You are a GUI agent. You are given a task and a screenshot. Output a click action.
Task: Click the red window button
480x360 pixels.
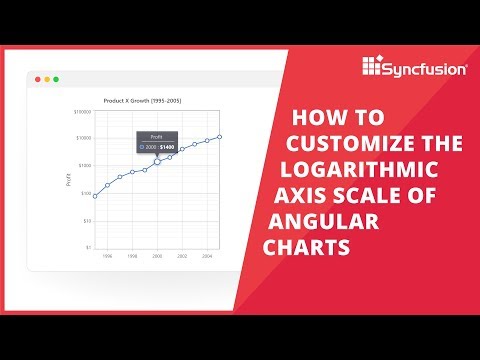coord(37,78)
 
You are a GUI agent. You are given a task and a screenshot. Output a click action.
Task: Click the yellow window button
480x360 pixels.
coord(47,78)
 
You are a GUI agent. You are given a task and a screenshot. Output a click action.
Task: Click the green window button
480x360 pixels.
coord(57,78)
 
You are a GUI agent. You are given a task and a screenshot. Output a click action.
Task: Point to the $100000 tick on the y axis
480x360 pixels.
coord(83,111)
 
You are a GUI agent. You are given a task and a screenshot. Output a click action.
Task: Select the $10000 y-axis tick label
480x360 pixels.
coord(84,138)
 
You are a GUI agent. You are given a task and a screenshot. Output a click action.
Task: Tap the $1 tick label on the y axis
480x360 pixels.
coord(88,247)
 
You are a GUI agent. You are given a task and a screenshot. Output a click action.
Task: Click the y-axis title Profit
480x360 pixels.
coord(69,180)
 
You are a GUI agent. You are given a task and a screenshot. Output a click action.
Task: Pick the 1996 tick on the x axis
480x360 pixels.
coord(108,256)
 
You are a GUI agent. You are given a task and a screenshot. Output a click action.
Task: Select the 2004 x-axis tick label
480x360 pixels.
coord(207,256)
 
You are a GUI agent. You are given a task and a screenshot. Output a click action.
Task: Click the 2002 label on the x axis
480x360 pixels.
coord(182,256)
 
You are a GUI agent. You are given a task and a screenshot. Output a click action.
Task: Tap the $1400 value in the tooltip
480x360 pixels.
coord(167,146)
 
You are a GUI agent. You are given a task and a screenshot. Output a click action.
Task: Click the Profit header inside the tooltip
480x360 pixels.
coord(156,136)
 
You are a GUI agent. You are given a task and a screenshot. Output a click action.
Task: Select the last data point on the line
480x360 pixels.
coord(219,136)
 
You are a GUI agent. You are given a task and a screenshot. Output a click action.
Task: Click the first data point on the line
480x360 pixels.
coord(95,196)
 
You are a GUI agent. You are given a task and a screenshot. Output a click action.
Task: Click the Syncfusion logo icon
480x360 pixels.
coord(373,67)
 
